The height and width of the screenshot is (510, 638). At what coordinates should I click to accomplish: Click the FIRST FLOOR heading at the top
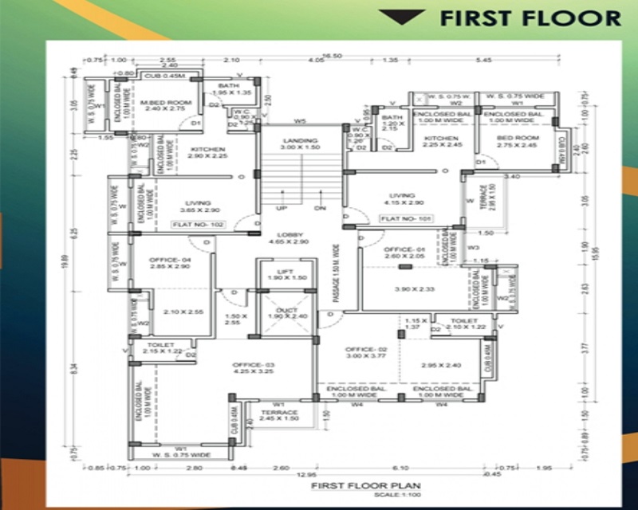[530, 18]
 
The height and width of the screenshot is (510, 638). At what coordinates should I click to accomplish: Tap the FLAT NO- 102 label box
[199, 226]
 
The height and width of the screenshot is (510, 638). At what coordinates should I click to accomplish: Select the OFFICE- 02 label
[366, 350]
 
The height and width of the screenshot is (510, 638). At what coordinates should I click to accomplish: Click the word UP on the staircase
[282, 208]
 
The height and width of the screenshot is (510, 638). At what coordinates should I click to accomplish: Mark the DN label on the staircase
[321, 208]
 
